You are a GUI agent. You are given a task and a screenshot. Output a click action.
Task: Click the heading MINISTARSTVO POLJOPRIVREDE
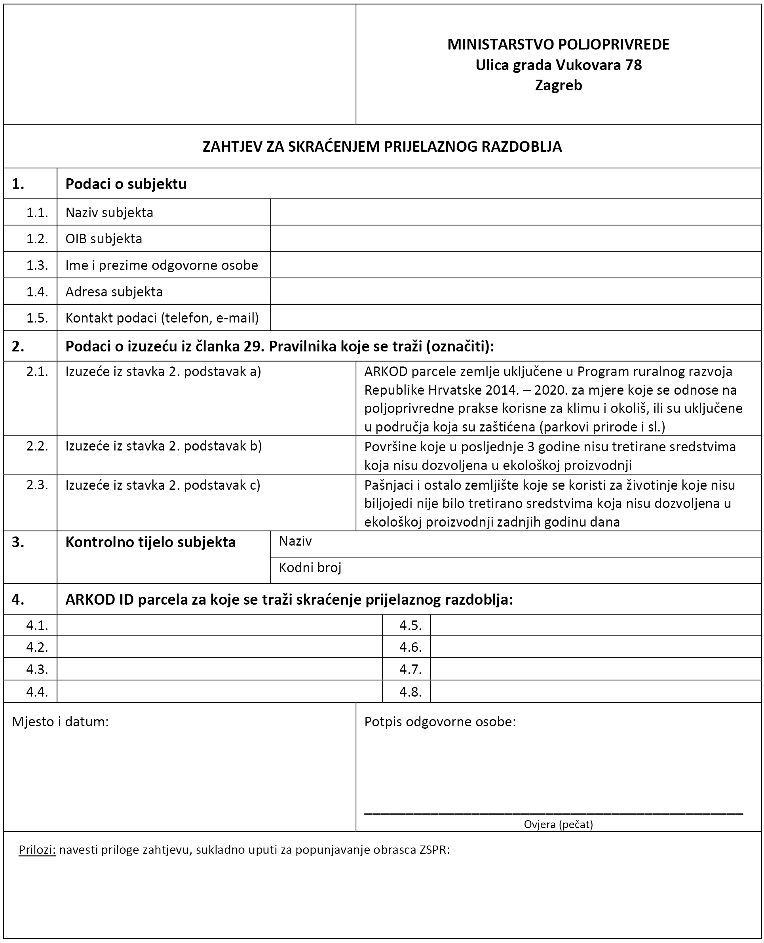[x=558, y=44]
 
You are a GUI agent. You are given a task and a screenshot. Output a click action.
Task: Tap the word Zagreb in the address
[x=558, y=85]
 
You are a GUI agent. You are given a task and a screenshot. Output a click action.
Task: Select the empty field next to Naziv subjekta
[x=515, y=212]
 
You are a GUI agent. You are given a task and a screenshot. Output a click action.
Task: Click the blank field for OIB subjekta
[x=515, y=239]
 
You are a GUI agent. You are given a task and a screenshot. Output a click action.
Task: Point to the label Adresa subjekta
[x=114, y=292]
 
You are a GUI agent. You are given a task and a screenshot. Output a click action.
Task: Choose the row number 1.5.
[x=37, y=318]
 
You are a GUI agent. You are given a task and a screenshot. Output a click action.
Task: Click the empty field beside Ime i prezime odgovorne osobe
[x=515, y=265]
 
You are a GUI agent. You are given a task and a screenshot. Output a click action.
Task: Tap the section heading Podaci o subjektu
[x=126, y=184]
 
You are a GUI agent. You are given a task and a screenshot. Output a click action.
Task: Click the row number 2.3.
[x=37, y=485]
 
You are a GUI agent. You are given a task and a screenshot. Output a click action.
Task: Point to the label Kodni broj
[x=310, y=567]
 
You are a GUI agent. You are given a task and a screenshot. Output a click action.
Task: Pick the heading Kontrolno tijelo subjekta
[x=150, y=542]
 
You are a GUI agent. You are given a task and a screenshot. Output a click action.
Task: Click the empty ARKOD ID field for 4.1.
[x=219, y=625]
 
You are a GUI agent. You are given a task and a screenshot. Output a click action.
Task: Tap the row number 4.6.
[x=410, y=647]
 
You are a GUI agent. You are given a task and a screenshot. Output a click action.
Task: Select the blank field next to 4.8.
[x=595, y=691]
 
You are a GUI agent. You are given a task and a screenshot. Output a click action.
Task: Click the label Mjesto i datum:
[x=60, y=722]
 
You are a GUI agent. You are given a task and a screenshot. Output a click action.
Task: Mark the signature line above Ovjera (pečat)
[x=553, y=814]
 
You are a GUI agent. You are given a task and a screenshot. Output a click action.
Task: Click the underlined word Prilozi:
[x=37, y=849]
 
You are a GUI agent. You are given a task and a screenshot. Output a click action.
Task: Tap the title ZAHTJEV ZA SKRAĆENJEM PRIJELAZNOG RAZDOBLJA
[x=382, y=147]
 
